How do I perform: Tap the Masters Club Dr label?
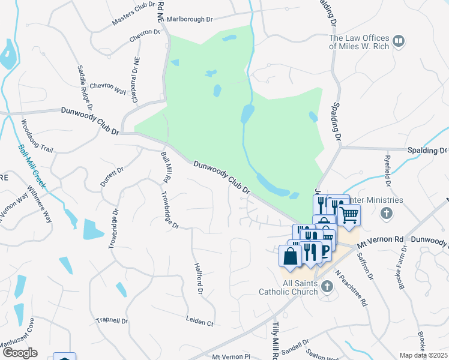tap(133, 14)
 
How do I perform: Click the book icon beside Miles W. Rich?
tap(399, 41)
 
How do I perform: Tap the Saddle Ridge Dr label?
tap(85, 84)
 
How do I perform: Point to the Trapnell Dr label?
tap(112, 320)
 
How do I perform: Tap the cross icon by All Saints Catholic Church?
tap(327, 286)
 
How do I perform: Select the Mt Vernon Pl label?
tap(230, 356)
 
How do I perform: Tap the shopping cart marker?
tap(350, 214)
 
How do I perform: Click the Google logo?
tap(19, 353)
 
